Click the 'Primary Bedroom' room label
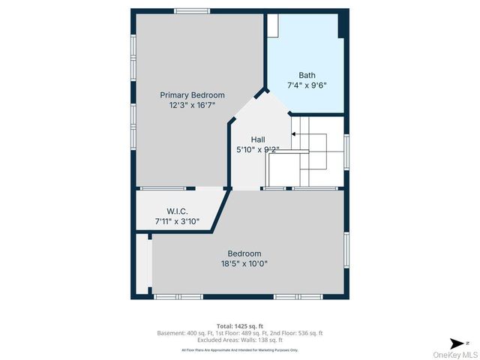tap(192, 95)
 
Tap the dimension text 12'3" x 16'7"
tap(192, 106)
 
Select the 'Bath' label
tap(307, 75)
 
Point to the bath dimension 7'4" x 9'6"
tap(307, 85)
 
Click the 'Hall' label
tap(257, 139)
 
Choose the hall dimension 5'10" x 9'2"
tap(257, 149)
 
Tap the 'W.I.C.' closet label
tap(177, 211)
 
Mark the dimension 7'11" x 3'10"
tap(177, 221)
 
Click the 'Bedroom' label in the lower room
tap(244, 253)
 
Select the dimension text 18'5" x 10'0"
tap(244, 264)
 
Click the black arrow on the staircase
tap(294, 134)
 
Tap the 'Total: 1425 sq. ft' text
tap(239, 326)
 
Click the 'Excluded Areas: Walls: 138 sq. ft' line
tap(239, 340)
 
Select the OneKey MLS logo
tap(453, 354)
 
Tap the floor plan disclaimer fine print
tap(239, 349)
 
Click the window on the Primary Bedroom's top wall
tap(186, 10)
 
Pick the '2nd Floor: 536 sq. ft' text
tap(295, 333)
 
